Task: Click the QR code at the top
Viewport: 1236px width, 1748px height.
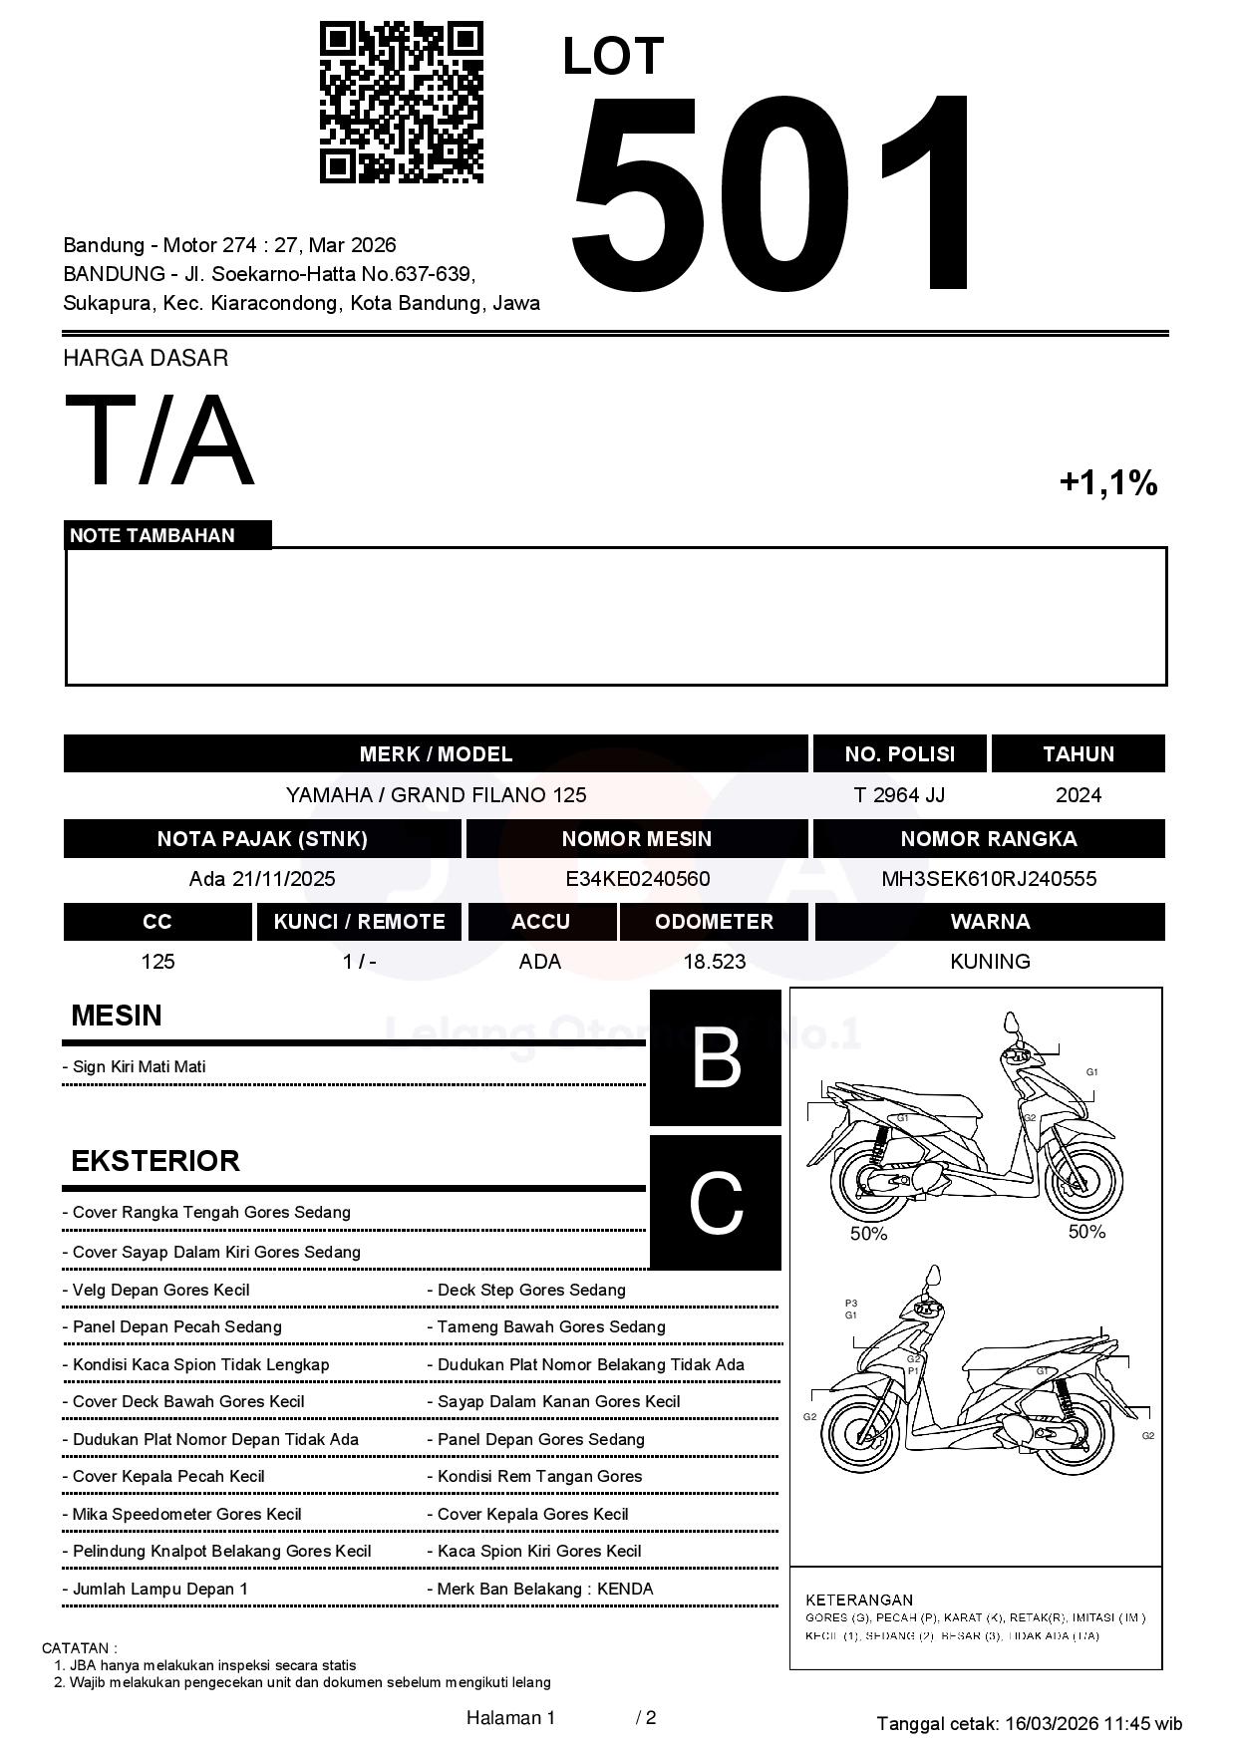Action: coord(401,104)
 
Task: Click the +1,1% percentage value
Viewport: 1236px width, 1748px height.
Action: coord(1107,483)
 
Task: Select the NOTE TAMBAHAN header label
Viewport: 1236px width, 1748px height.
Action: coord(153,535)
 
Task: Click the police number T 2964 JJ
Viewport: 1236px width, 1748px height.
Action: coord(899,795)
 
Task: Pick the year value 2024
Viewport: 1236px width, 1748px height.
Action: coord(1078,795)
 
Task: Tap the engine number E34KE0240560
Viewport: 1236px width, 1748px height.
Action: coord(637,879)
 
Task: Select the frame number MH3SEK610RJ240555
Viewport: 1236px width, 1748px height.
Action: coord(989,879)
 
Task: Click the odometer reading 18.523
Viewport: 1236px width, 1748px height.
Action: coord(714,962)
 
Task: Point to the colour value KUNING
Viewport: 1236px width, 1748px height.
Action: coord(990,962)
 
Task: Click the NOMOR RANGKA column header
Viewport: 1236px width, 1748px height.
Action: coord(989,839)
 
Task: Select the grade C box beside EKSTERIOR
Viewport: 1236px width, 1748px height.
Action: coord(716,1203)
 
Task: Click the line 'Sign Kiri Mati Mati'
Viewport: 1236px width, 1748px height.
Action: coord(139,1066)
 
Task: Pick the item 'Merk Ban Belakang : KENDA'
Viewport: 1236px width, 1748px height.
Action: coord(544,1589)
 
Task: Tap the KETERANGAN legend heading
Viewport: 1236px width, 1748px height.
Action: coord(859,1599)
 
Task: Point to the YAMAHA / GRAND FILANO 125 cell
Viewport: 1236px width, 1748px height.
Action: coord(436,795)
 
